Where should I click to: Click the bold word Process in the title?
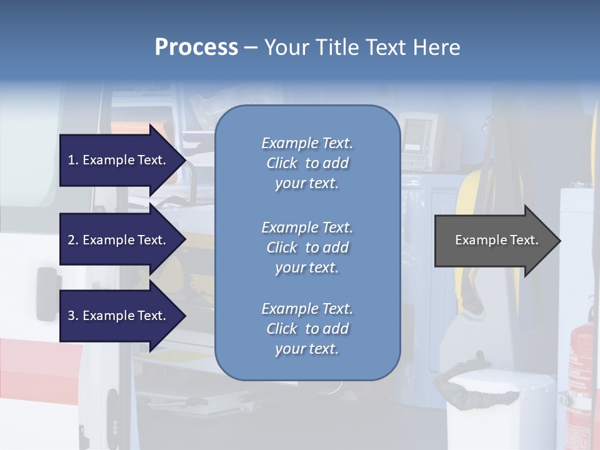[x=196, y=47]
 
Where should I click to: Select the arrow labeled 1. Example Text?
[x=119, y=160]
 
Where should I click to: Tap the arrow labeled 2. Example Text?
[x=119, y=240]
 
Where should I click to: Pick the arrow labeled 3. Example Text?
[x=119, y=316]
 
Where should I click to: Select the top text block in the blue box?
[x=307, y=163]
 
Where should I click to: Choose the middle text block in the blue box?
[x=307, y=247]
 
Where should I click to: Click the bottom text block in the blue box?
[x=307, y=329]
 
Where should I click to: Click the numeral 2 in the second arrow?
[x=71, y=240]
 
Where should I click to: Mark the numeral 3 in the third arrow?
[x=71, y=316]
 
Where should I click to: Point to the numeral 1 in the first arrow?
[x=71, y=160]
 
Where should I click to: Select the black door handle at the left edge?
[x=46, y=287]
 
